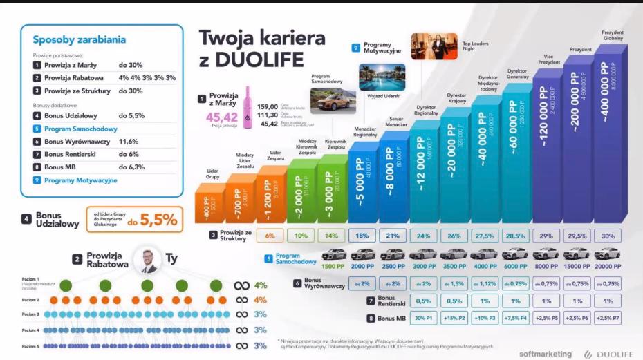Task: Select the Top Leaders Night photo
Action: (434, 46)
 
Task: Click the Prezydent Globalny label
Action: (612, 35)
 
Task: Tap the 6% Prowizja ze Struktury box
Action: (270, 235)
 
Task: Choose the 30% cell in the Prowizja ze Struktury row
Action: (608, 235)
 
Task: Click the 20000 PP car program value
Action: (608, 267)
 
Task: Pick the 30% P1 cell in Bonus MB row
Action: (424, 318)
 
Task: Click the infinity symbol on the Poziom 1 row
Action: (241, 285)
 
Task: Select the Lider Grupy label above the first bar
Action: (212, 173)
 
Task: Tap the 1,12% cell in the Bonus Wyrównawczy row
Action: (487, 283)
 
